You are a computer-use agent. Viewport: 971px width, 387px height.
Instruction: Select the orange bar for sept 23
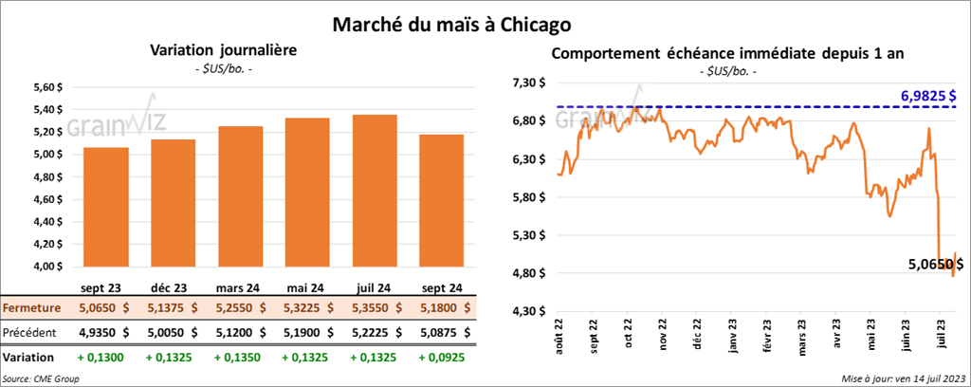105,209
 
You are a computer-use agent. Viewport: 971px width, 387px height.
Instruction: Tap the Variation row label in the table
27,357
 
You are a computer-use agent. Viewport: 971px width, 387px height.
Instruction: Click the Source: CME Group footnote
41,378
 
